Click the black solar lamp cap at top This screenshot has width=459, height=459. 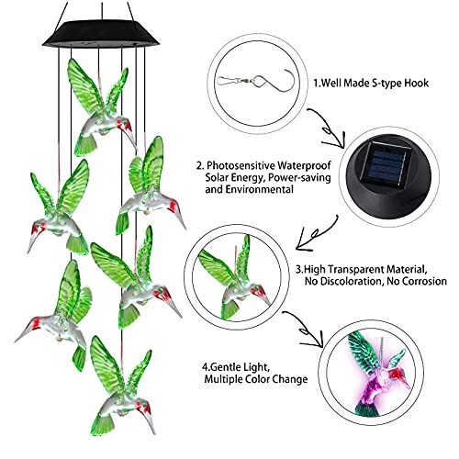click(102, 33)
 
